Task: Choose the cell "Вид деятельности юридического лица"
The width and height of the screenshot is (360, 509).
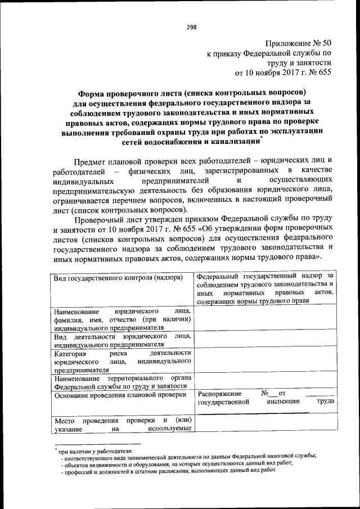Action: [123, 340]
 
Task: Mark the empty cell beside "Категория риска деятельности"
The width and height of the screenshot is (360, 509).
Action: [265, 361]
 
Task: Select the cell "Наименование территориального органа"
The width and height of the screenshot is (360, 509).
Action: [123, 382]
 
